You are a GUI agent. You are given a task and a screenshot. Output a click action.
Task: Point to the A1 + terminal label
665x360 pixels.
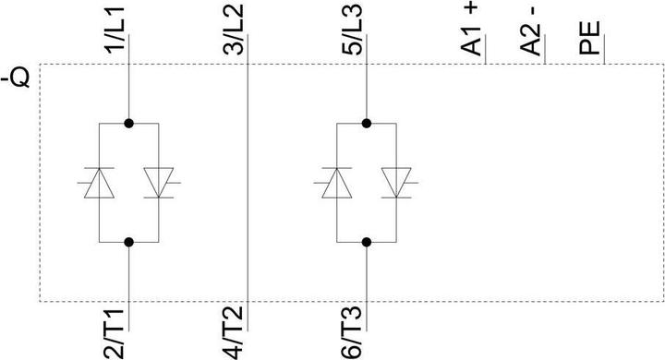[x=474, y=30]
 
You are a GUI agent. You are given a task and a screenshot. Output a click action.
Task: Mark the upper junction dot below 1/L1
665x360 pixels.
[x=130, y=123]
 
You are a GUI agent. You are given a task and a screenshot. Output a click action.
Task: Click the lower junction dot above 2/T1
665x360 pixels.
[x=130, y=242]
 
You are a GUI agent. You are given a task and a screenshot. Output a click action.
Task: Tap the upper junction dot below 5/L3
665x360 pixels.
[x=368, y=123]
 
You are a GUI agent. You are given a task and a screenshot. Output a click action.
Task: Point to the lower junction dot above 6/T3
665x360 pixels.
[x=368, y=242]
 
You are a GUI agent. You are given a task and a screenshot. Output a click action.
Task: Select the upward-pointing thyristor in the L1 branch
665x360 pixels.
[x=99, y=183]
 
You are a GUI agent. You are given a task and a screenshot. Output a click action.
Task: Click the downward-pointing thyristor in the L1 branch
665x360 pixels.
[x=161, y=183]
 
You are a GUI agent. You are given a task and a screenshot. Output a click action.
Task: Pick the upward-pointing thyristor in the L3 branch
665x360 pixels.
[x=336, y=183]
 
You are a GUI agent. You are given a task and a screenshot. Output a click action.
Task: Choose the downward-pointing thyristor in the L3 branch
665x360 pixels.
[x=399, y=183]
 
